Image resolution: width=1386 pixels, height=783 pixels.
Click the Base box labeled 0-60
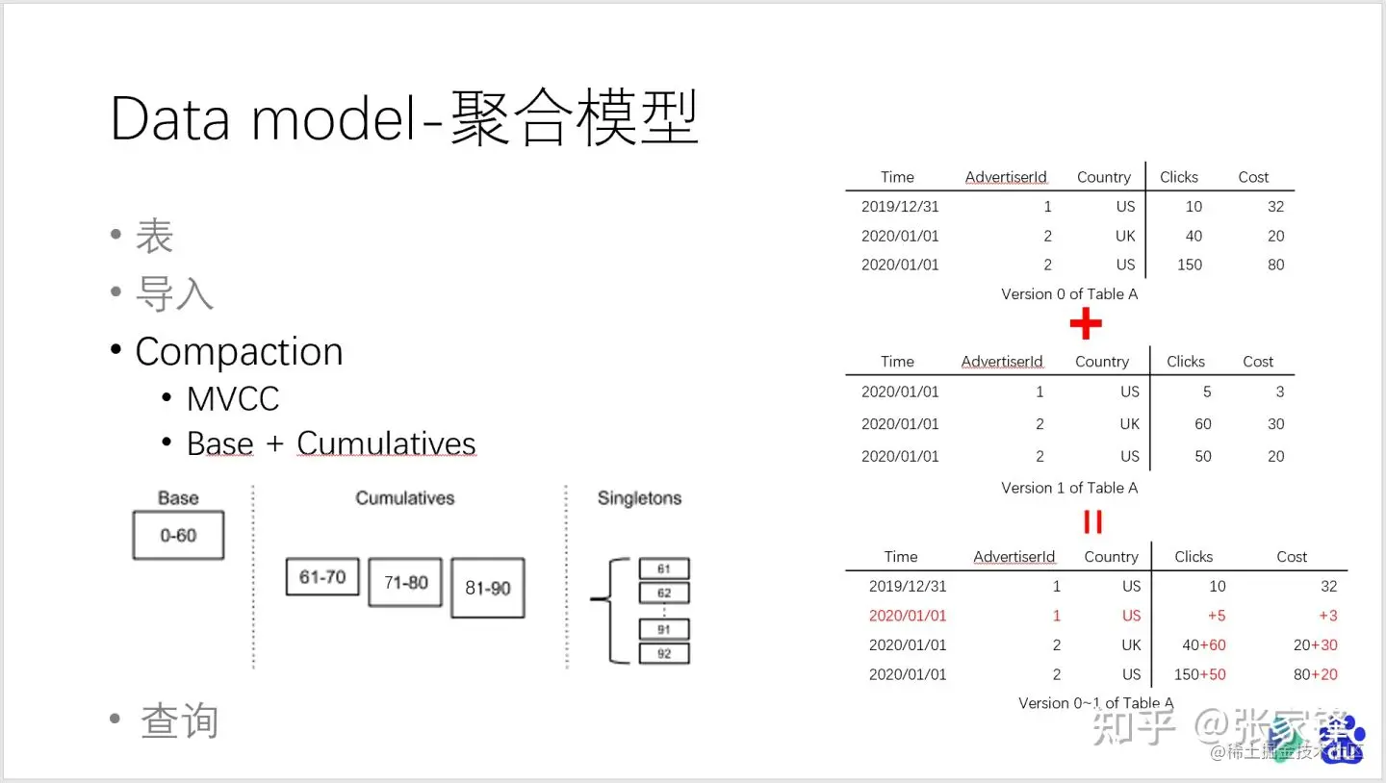pyautogui.click(x=178, y=535)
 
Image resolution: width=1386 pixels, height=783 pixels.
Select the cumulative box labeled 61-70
pyautogui.click(x=322, y=577)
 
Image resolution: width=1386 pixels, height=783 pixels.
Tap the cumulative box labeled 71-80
pyautogui.click(x=405, y=582)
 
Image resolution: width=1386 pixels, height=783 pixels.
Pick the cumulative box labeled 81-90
pyautogui.click(x=488, y=588)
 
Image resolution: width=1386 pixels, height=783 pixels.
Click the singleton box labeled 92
pyautogui.click(x=664, y=653)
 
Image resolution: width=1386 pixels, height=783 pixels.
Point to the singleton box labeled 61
pyautogui.click(x=664, y=568)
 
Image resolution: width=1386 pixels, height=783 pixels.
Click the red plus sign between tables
pyautogui.click(x=1086, y=325)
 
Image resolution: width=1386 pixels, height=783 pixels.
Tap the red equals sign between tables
pyautogui.click(x=1092, y=521)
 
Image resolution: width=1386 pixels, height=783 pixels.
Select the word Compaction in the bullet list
pyautogui.click(x=239, y=352)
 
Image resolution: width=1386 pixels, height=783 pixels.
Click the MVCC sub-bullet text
pyautogui.click(x=233, y=398)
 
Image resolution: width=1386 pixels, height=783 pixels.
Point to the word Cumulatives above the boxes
pyautogui.click(x=404, y=498)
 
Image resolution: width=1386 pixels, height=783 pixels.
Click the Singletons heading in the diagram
pyautogui.click(x=639, y=498)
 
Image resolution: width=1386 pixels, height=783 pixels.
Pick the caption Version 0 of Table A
pyautogui.click(x=1069, y=294)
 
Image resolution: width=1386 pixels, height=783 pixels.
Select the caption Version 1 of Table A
pyautogui.click(x=1069, y=488)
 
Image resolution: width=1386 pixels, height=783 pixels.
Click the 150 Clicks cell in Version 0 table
pyautogui.click(x=1190, y=265)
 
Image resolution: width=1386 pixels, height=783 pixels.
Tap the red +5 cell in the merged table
pyautogui.click(x=1217, y=616)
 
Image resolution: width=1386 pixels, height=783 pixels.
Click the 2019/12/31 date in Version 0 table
pyautogui.click(x=900, y=206)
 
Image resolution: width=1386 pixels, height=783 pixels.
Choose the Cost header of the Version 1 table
pyautogui.click(x=1258, y=362)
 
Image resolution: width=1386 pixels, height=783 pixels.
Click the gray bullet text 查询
pyautogui.click(x=179, y=720)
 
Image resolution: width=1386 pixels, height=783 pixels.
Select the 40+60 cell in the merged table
pyautogui.click(x=1204, y=645)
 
